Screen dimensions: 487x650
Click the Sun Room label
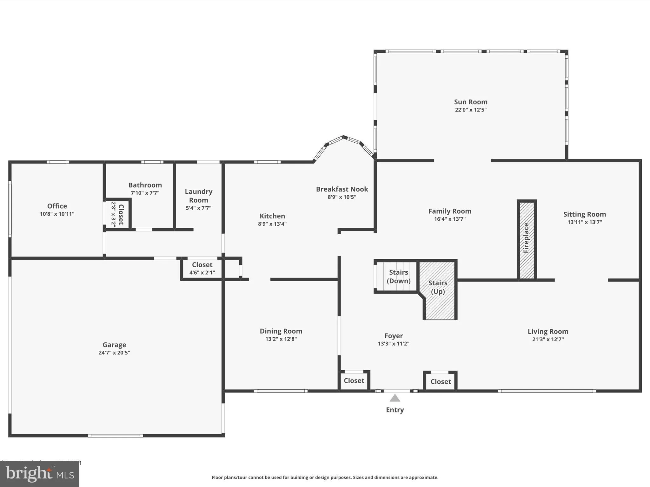point(470,102)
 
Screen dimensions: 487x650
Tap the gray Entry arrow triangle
point(395,398)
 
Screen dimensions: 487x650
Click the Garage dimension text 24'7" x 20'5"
point(114,353)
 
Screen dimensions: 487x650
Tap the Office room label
point(57,206)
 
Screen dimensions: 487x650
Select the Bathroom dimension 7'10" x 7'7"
point(145,193)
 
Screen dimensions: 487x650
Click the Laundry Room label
point(199,196)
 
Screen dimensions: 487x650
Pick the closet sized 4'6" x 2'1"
point(202,268)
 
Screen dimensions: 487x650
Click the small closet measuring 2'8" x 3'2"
point(117,215)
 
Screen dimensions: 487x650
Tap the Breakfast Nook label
point(342,189)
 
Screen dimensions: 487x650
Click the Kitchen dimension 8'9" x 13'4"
point(272,224)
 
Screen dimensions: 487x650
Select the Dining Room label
point(281,331)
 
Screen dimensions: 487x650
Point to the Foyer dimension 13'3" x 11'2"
point(394,344)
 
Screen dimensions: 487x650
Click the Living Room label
point(548,331)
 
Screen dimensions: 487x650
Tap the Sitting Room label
point(584,214)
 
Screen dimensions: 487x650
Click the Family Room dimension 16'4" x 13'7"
point(450,219)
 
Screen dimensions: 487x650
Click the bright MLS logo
point(40,474)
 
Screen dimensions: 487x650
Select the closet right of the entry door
point(441,381)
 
